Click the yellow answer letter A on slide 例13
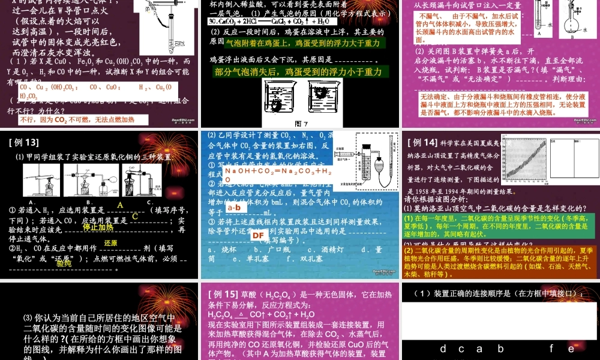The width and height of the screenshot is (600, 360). pyautogui.click(x=119, y=205)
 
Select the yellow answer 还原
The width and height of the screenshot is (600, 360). pyautogui.click(x=110, y=243)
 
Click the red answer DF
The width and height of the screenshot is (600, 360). pyautogui.click(x=258, y=235)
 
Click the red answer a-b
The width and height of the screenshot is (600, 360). pyautogui.click(x=234, y=208)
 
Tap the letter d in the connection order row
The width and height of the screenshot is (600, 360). pyautogui.click(x=443, y=349)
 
